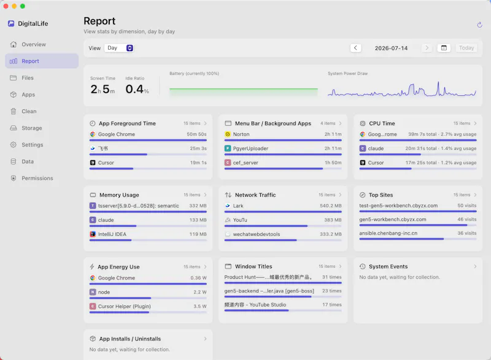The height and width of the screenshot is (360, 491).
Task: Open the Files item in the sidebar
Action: (27, 77)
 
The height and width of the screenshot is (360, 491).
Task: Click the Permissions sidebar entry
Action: (37, 178)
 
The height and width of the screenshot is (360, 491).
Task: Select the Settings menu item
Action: (33, 145)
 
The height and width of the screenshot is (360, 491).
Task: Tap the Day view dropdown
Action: (119, 48)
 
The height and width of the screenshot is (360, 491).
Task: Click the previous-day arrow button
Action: (355, 48)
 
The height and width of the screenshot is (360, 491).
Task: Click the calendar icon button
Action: (444, 48)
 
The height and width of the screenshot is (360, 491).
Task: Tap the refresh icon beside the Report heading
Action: (479, 25)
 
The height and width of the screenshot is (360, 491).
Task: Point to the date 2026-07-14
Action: (391, 49)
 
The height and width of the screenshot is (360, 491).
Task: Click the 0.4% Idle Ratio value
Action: (137, 89)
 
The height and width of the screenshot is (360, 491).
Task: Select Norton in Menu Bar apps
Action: (241, 134)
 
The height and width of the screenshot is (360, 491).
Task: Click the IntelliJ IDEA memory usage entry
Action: (112, 234)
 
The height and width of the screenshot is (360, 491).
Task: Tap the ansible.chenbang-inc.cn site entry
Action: (389, 233)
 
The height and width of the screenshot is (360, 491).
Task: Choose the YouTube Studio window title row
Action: (255, 305)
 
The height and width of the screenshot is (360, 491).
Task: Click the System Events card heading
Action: (388, 267)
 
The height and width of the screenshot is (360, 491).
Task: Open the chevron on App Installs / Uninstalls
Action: (206, 338)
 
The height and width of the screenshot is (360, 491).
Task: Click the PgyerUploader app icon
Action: (228, 149)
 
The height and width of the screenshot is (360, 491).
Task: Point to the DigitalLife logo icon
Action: (11, 23)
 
